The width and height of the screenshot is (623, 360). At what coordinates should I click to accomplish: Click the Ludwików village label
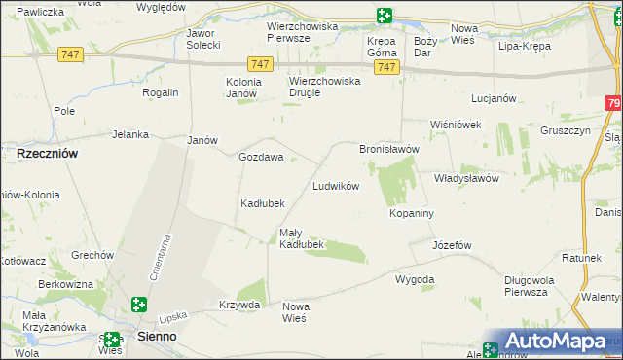point(336,186)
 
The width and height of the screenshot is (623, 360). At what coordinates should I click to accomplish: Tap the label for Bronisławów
point(388,149)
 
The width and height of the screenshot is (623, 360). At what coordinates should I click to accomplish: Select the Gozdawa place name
point(261,157)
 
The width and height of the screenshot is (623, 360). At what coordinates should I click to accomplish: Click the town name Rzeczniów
point(48,154)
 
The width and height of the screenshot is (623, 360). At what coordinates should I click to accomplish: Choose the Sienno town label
point(157,336)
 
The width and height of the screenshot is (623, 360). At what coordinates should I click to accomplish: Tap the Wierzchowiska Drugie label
point(324,88)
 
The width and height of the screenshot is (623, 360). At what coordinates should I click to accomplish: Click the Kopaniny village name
point(411,212)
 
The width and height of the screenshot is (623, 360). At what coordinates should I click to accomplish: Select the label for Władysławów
point(466,179)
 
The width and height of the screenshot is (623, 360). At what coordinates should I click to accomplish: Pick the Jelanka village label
point(129,135)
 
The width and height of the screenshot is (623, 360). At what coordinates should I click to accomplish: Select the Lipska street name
point(172,317)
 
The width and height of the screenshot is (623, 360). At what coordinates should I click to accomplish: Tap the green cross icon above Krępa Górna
point(385,15)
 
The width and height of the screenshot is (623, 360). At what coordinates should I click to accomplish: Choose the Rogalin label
point(161,92)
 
